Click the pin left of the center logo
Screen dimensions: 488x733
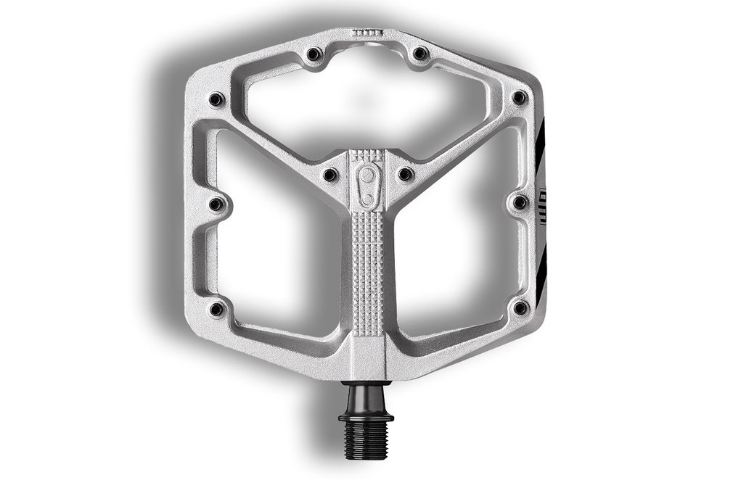point(329,174)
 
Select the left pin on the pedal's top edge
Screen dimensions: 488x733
point(314,54)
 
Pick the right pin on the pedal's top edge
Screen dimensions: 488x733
point(419,53)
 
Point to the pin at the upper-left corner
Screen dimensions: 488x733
point(216,99)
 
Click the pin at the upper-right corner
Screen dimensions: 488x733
point(519,97)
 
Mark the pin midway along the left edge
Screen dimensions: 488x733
point(216,204)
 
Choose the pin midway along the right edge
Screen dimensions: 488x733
point(520,202)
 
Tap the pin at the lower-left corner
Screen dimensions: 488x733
point(216,309)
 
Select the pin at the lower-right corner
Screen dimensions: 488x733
point(520,307)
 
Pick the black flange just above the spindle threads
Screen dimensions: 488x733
point(366,416)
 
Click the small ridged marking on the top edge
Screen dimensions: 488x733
point(366,33)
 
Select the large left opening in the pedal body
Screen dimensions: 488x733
point(276,239)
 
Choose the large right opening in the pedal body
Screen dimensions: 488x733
point(457,239)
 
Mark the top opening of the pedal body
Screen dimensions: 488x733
point(366,102)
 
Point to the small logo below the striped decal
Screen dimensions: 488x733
point(542,197)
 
